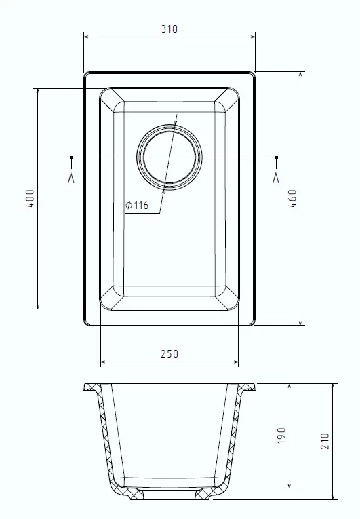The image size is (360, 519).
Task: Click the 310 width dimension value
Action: [169, 29]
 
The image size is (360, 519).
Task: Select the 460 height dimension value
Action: [293, 198]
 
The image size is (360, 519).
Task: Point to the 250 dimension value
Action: [169, 353]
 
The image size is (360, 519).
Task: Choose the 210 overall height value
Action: [326, 442]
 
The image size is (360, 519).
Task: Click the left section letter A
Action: [71, 178]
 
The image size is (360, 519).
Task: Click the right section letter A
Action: [276, 178]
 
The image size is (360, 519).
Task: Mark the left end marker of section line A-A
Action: [71, 158]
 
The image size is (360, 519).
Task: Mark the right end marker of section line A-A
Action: [276, 158]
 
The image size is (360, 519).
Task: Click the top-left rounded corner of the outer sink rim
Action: [87, 75]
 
